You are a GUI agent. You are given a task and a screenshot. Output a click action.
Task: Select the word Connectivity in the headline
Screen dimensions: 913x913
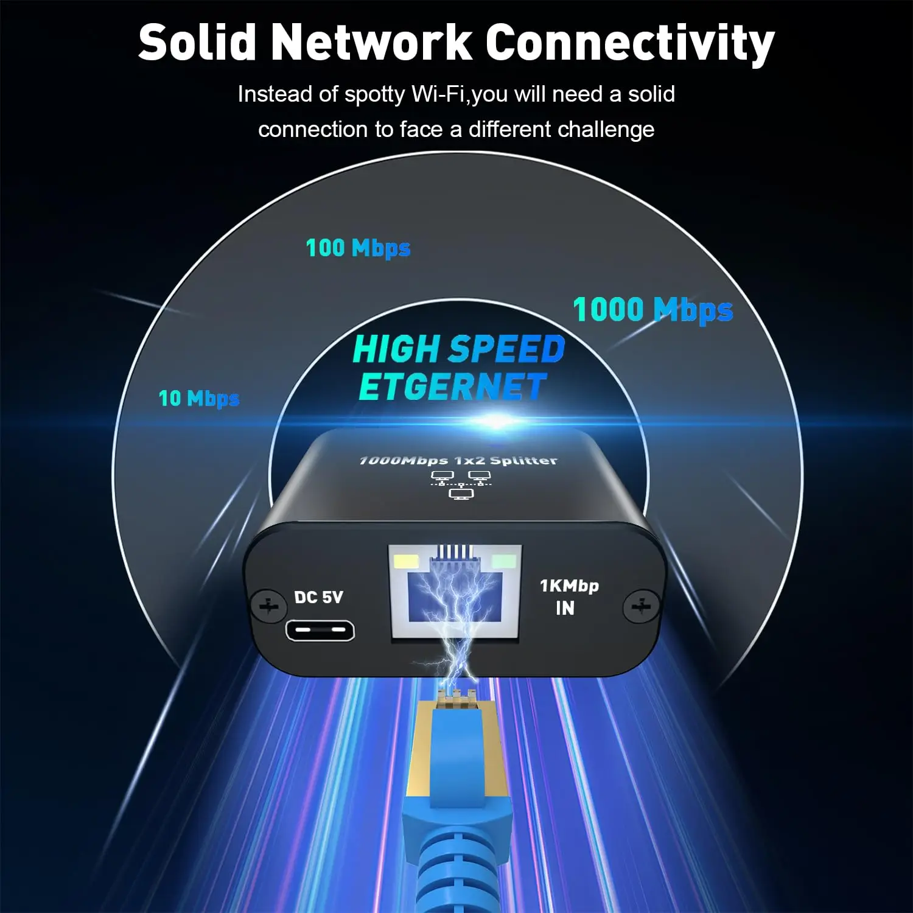click(x=630, y=44)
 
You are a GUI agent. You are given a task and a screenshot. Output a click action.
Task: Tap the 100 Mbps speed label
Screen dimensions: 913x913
click(x=358, y=248)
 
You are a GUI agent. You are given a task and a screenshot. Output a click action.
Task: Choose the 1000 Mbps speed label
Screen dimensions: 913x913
click(x=652, y=310)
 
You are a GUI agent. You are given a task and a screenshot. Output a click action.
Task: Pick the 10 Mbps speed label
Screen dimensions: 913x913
click(x=198, y=399)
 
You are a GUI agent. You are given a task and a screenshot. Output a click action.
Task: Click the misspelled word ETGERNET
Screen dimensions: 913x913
click(x=452, y=387)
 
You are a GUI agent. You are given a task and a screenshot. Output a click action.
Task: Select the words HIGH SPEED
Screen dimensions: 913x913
click(x=459, y=349)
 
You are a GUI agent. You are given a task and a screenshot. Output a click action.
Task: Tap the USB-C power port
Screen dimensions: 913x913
click(x=320, y=631)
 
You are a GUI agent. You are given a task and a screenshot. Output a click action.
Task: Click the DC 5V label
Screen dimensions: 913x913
click(x=318, y=597)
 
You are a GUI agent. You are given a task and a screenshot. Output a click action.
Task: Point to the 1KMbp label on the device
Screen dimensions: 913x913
click(x=569, y=586)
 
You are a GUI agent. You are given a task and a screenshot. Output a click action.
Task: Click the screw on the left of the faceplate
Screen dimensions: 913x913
click(x=268, y=606)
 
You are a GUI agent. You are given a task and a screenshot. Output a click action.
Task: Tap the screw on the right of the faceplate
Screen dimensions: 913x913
click(x=641, y=606)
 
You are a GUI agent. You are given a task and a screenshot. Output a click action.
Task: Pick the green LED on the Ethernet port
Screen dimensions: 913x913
click(x=503, y=561)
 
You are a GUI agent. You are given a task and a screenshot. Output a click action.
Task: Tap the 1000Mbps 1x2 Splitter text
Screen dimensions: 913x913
click(x=458, y=461)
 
